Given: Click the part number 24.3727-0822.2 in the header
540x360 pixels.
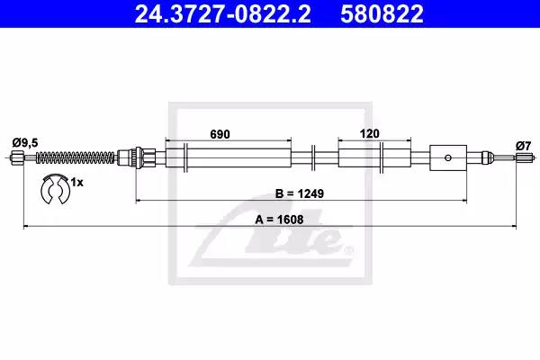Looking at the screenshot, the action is (222, 13).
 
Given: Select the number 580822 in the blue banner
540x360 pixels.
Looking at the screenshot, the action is (382, 13).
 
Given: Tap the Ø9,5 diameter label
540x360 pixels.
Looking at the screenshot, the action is (25, 142).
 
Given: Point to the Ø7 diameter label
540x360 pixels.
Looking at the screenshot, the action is (523, 147).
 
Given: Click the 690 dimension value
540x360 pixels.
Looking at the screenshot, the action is (220, 134).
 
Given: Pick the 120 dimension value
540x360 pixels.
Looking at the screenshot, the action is (370, 134).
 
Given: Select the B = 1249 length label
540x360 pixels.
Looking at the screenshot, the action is (300, 193).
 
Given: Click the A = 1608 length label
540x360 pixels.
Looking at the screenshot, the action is (279, 220).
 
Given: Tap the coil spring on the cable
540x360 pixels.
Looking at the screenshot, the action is (76, 157).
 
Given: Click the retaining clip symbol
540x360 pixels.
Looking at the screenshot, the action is (55, 189).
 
